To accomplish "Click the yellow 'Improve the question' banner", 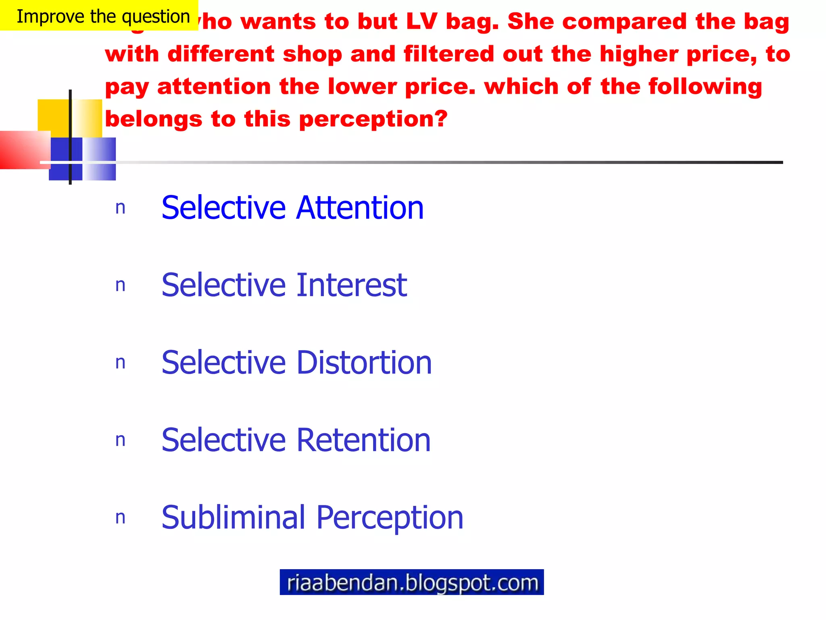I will tap(99, 15).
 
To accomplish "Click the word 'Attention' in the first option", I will tap(360, 207).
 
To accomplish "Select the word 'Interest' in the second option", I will tap(352, 285).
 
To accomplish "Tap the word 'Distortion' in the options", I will tap(364, 362).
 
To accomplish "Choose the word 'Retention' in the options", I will tap(363, 440).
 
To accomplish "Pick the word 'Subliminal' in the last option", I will tap(234, 517).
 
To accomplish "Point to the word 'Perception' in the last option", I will tap(390, 517).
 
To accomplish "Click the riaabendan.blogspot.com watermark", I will tap(411, 582).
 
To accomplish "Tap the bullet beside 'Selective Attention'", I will tap(120, 208).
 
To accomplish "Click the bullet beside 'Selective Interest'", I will tap(120, 285).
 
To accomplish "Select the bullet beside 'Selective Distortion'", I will tap(120, 363).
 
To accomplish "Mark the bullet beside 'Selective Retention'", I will tap(120, 440).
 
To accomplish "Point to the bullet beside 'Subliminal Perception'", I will tap(120, 518).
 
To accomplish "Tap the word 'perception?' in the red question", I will tap(373, 119).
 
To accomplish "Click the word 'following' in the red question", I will tap(705, 87).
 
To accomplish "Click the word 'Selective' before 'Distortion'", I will tap(224, 362).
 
